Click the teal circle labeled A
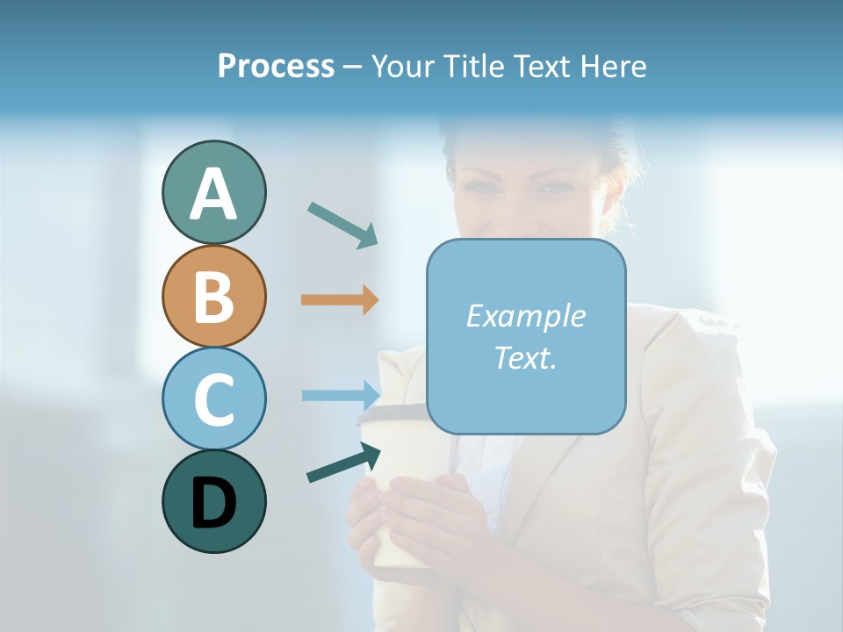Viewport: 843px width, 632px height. point(213,192)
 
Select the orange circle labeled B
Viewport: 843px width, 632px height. point(213,296)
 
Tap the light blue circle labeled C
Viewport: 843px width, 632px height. point(213,399)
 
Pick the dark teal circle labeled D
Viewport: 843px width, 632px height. point(213,501)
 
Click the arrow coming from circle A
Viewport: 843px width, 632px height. point(342,225)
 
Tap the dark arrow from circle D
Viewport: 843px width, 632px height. point(343,463)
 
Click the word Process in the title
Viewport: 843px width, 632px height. point(276,66)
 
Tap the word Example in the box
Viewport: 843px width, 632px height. point(525,316)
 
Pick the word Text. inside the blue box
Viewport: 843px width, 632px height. point(525,357)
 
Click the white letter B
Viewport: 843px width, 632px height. point(213,296)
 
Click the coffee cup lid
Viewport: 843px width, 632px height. point(392,416)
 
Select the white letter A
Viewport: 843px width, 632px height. point(213,194)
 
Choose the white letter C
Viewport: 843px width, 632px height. point(213,399)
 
